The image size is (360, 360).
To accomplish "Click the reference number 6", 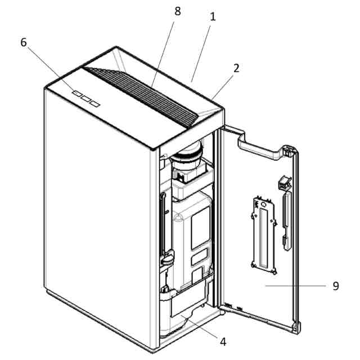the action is click(24, 43).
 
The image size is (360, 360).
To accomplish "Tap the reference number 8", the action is click(177, 12).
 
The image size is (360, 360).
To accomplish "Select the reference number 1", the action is click(213, 17).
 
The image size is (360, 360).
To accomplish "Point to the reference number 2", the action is click(236, 68).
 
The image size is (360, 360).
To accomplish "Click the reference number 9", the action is click(336, 286).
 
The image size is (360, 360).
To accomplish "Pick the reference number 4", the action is click(223, 341).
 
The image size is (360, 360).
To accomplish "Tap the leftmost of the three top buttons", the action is click(75, 95).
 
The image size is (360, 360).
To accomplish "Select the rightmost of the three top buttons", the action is click(94, 103).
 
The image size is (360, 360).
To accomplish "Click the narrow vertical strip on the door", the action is click(286, 217).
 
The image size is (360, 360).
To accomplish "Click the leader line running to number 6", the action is click(50, 67).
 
